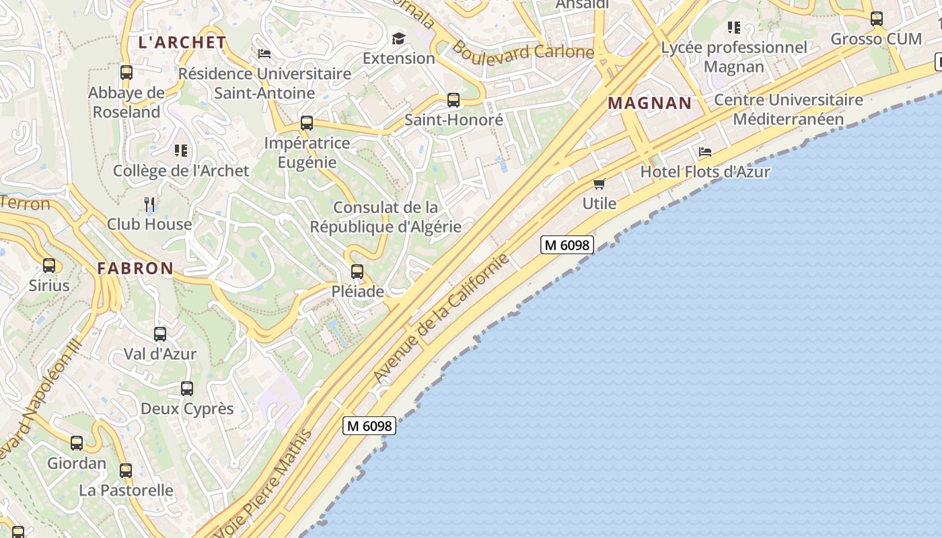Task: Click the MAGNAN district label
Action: tap(649, 103)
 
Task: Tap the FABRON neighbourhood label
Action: tap(135, 268)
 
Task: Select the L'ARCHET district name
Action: tap(182, 42)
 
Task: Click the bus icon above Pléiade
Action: tap(357, 272)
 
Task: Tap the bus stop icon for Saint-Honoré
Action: tap(454, 100)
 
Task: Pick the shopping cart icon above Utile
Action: tap(599, 184)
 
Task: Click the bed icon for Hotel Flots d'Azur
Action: tap(705, 152)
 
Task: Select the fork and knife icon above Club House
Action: tap(150, 204)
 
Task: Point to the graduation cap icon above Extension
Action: tap(399, 38)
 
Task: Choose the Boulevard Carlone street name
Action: tap(522, 50)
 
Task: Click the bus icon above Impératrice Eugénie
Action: tap(307, 123)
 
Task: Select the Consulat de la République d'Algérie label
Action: tap(386, 217)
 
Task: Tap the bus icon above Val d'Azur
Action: tap(160, 334)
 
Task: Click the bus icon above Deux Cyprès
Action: tap(187, 389)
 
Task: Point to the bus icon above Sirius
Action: tap(49, 266)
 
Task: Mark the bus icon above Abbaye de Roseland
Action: tap(126, 73)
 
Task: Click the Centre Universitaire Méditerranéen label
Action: tap(788, 110)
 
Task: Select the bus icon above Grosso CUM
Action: tap(877, 19)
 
